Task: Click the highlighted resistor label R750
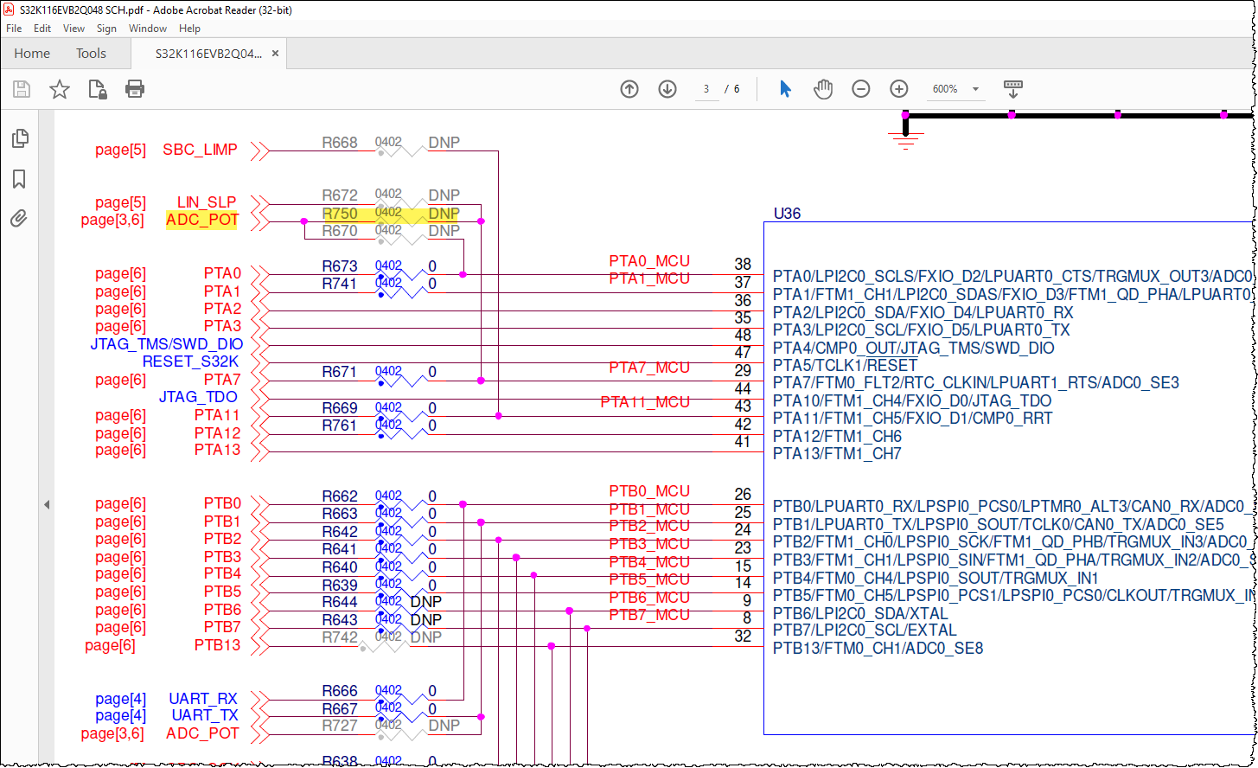340,214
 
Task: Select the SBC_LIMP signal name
200,150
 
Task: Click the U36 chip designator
787,213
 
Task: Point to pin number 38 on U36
742,265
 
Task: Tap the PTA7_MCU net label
649,368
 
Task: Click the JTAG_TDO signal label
198,397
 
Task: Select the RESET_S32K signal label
190,362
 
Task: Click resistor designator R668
340,143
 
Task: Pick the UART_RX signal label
203,699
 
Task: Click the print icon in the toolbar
135,89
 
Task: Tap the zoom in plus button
899,89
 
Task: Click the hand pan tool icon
823,89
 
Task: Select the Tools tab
91,54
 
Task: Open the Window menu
148,29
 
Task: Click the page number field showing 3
706,89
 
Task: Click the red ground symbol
905,139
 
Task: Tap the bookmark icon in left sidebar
19,179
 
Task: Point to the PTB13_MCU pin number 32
742,637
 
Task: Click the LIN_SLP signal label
207,202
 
